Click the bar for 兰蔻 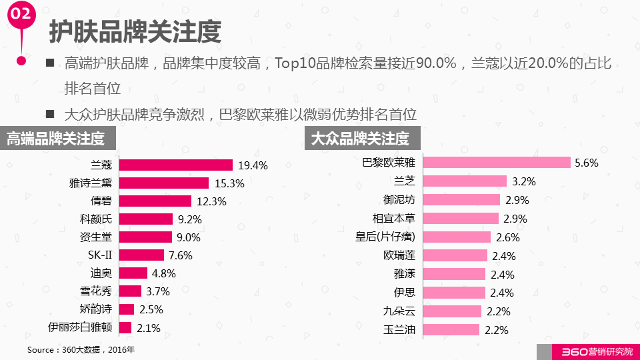[175, 165]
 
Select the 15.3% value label [227, 183]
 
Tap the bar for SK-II [141, 255]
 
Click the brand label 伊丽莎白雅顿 [80, 327]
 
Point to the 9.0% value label [187, 237]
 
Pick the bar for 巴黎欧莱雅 [497, 163]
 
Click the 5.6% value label [587, 163]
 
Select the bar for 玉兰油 [451, 329]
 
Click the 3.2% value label [524, 181]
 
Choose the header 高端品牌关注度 [56, 139]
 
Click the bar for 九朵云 [452, 311]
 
